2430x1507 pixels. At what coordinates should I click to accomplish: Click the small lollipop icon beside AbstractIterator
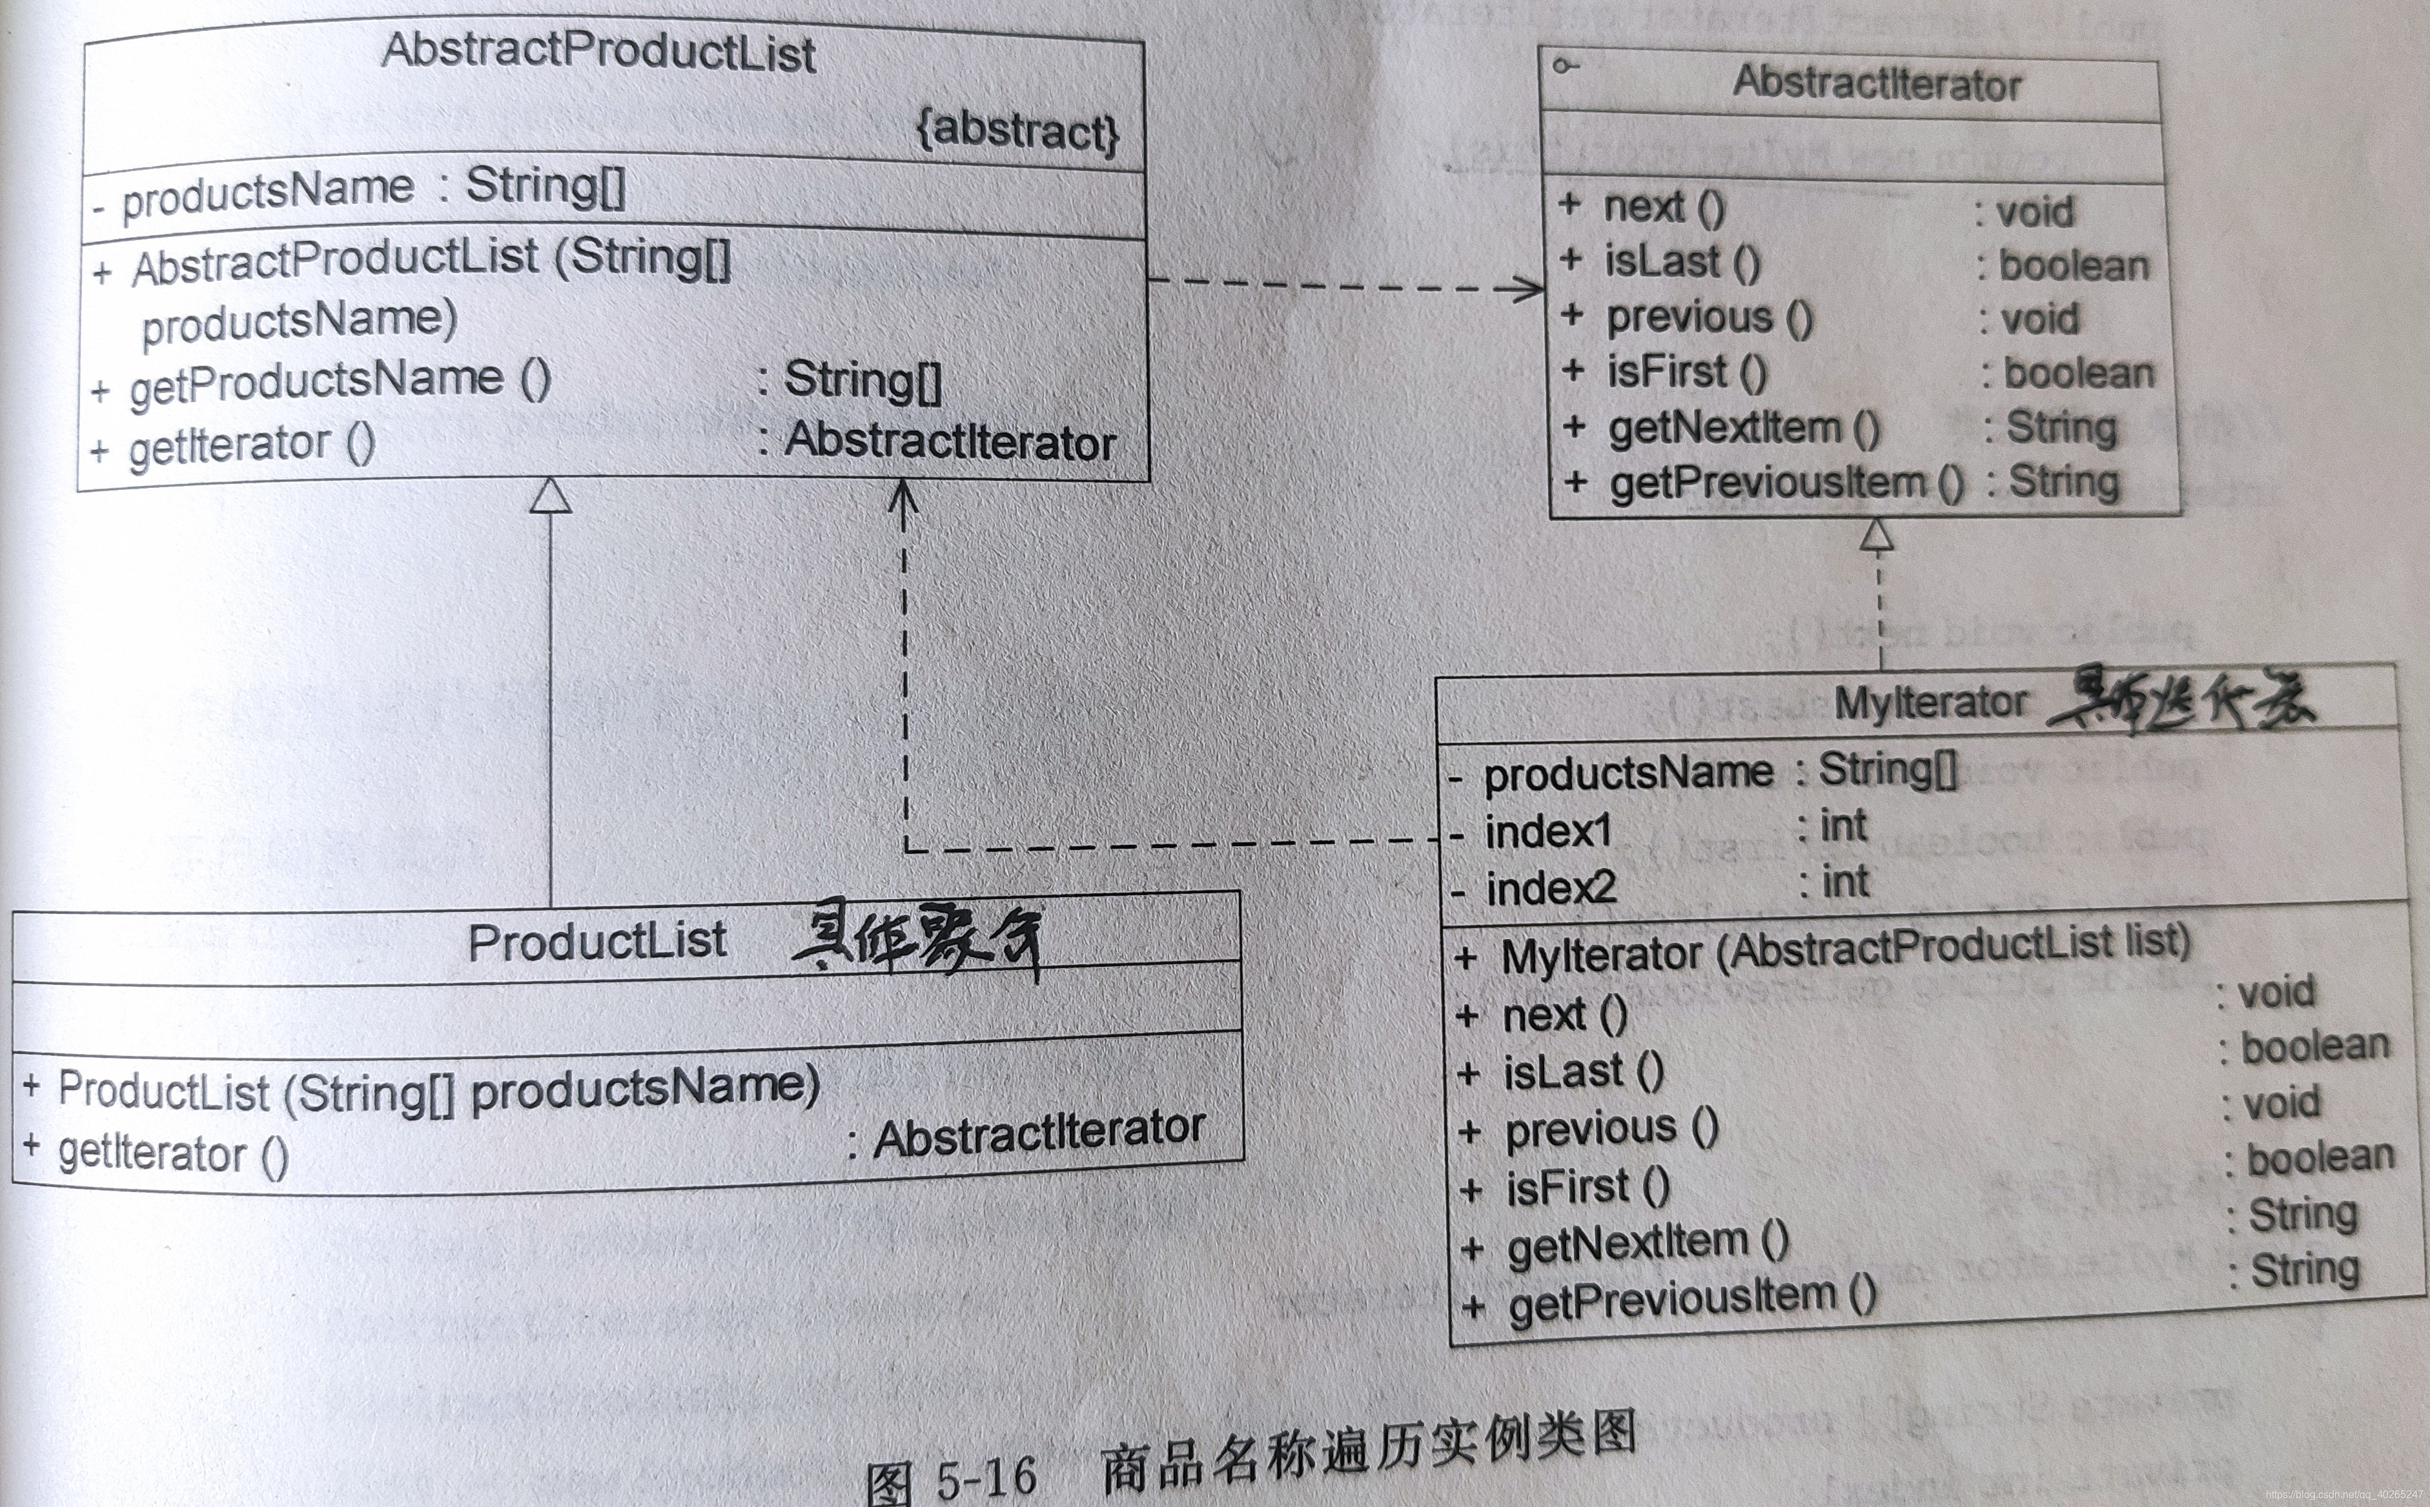(1566, 66)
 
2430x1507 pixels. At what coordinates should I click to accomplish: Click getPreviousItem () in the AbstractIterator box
(1786, 483)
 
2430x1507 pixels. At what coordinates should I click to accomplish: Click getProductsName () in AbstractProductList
(339, 381)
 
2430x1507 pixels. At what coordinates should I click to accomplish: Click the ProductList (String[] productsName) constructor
(438, 1089)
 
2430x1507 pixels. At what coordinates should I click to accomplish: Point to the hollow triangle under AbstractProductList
(550, 496)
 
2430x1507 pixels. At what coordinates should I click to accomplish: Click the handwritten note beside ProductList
(917, 938)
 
